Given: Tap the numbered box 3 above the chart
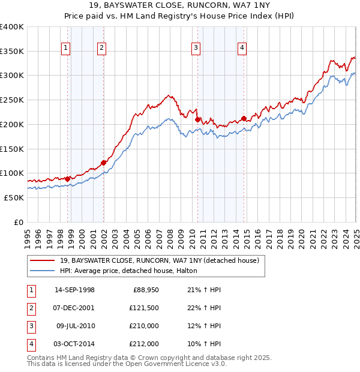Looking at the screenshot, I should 196,49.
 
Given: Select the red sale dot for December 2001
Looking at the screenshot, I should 103,163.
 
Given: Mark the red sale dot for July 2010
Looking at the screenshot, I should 197,119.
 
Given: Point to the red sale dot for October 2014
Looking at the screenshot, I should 244,118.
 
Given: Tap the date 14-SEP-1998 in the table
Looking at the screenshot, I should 74,290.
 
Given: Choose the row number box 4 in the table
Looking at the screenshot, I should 30,344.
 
